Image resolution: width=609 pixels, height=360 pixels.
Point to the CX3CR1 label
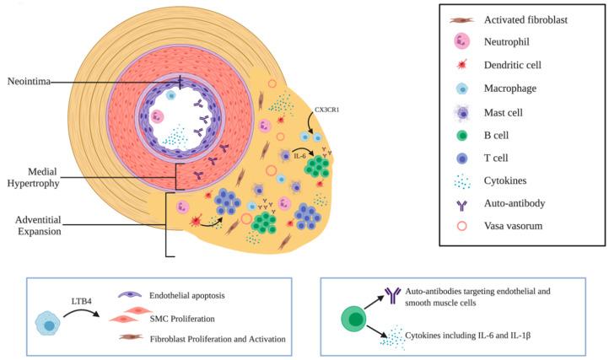326,109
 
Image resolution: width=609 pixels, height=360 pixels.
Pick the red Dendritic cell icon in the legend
463,63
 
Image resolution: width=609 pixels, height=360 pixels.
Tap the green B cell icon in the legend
463,132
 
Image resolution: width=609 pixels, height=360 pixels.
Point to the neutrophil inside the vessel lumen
155,115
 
